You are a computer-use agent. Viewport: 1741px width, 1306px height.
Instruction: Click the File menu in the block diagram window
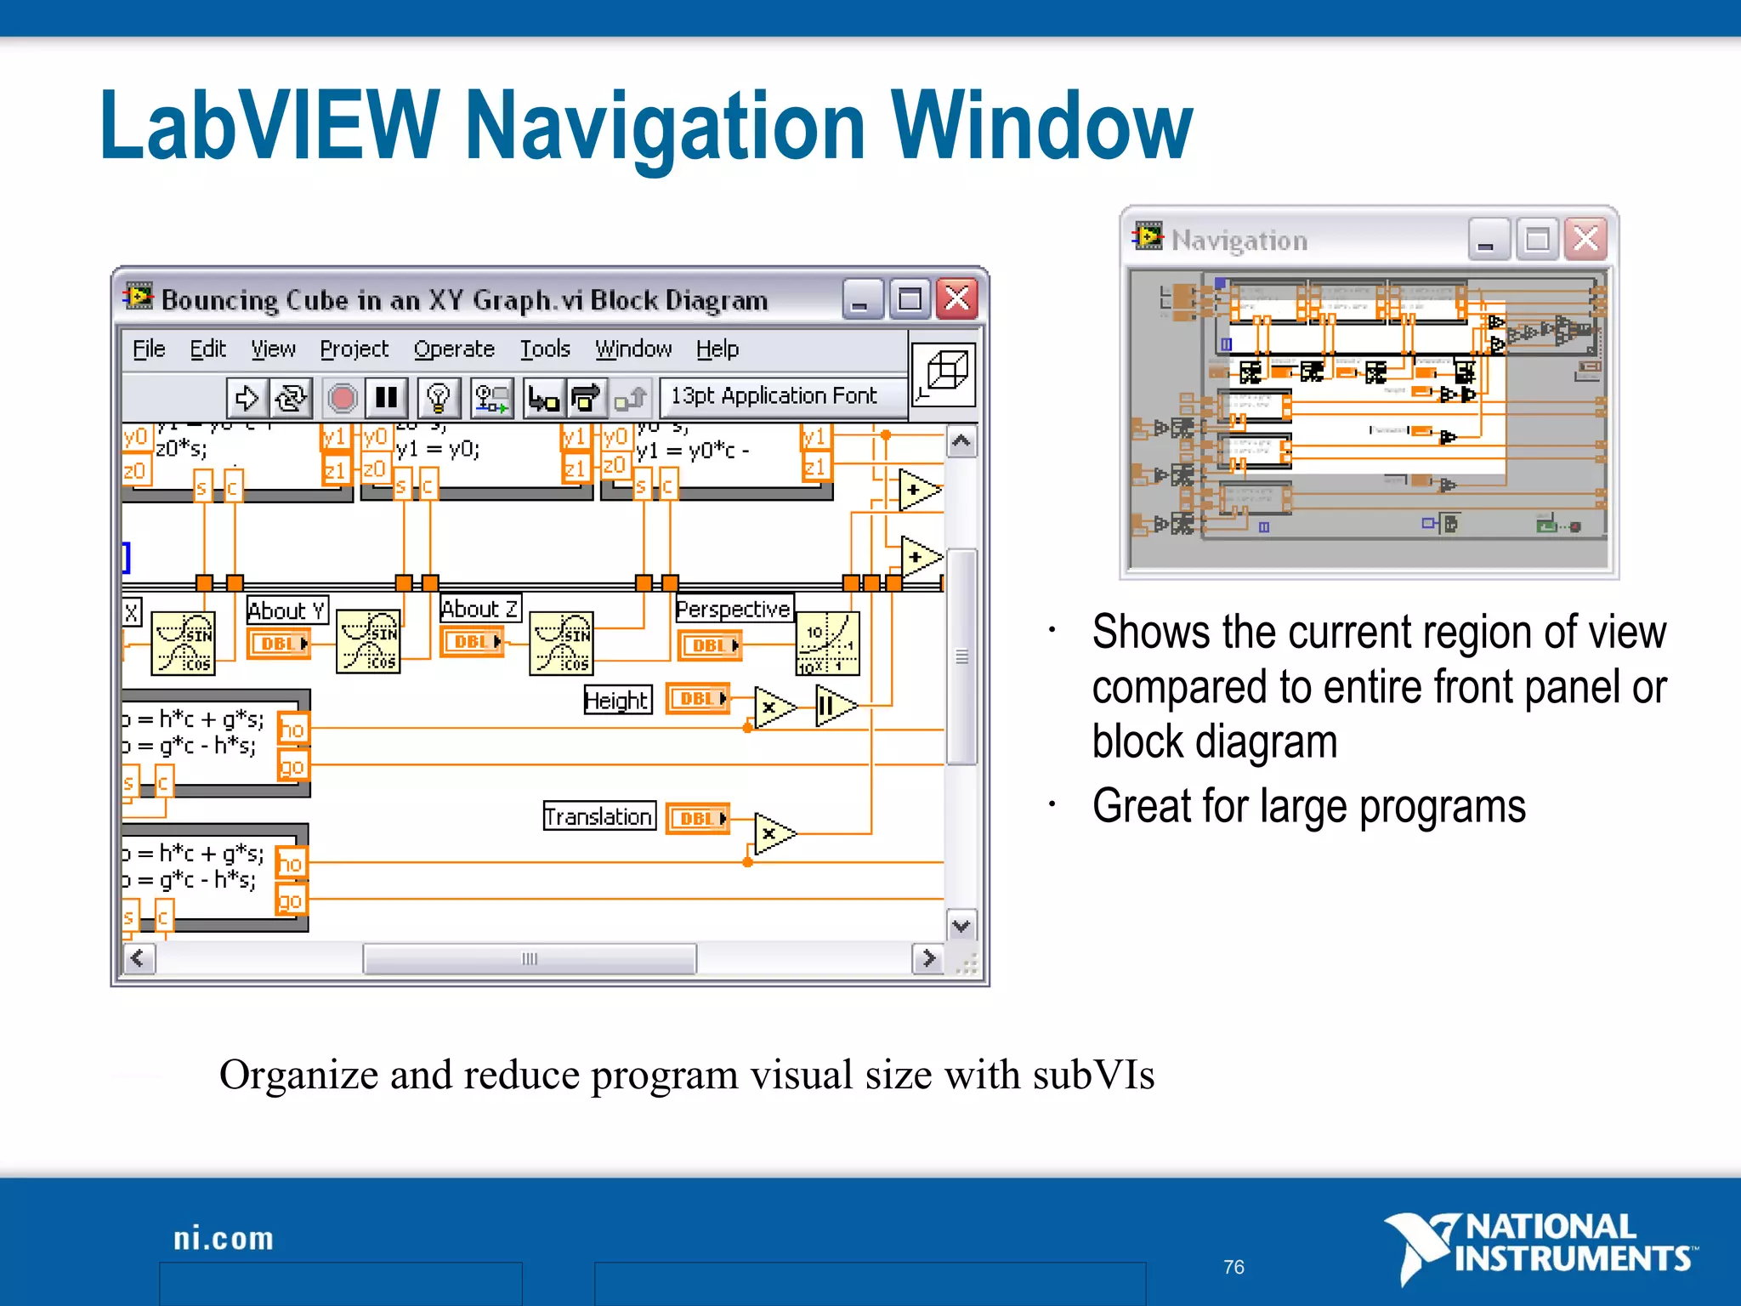coord(149,349)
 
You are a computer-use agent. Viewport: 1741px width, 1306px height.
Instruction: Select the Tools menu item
coord(545,349)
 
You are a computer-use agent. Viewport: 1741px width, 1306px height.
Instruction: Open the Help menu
coord(717,349)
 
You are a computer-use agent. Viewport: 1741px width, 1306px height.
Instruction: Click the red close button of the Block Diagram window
coord(957,299)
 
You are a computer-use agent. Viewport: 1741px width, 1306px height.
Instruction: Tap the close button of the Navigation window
coord(1585,240)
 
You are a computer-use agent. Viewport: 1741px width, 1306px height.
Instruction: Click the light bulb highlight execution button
coord(439,398)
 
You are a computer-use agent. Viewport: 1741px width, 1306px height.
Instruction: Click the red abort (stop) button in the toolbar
coord(343,398)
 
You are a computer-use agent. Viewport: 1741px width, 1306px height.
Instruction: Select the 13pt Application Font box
coord(773,396)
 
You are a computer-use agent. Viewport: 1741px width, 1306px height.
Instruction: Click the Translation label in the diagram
coord(598,816)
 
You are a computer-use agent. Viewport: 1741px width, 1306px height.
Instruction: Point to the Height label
coord(617,700)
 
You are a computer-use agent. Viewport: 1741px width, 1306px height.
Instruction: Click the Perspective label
coord(733,609)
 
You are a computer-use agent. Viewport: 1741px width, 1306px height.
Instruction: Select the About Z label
coord(479,609)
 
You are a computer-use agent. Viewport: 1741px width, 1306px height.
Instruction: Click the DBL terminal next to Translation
coord(698,818)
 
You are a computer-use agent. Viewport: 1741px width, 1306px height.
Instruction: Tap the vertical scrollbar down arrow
coord(961,926)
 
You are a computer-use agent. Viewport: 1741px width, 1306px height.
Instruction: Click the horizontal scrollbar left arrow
coord(139,959)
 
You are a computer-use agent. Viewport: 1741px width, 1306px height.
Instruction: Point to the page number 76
coord(1233,1267)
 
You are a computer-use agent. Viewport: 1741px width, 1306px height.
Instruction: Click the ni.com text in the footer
coord(224,1239)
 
